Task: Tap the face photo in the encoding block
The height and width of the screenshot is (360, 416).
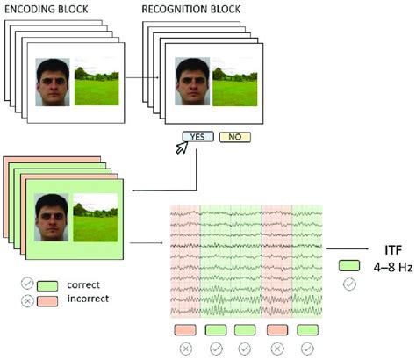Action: pyautogui.click(x=53, y=83)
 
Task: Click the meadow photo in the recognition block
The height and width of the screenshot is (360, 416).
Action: pyautogui.click(x=234, y=83)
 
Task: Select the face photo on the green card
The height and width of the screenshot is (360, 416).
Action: pyautogui.click(x=53, y=220)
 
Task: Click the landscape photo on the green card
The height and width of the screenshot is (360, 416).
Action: pyautogui.click(x=96, y=220)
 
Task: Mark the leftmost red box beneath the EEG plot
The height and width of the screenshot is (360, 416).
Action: pyautogui.click(x=185, y=329)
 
